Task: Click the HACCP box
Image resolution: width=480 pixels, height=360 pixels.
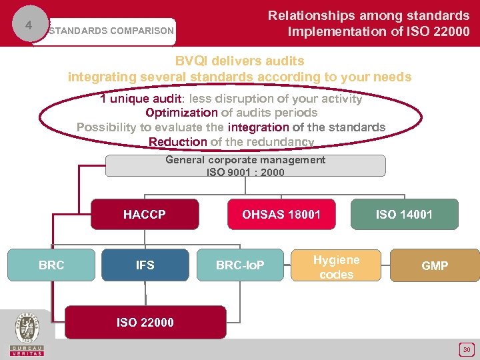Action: point(145,214)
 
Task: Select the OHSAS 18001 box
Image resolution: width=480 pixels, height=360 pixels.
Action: point(281,214)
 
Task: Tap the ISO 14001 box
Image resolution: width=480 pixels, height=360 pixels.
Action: point(404,214)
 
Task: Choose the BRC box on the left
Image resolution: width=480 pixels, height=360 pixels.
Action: point(51,265)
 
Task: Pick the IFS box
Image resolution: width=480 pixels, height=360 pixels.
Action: point(145,265)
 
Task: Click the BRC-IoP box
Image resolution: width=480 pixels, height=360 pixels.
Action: point(240,265)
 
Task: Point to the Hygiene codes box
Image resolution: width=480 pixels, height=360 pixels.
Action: point(336,267)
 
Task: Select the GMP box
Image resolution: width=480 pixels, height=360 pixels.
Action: point(435,265)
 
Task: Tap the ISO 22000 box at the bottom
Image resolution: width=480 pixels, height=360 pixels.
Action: point(145,323)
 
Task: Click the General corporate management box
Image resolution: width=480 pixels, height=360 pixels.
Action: point(245,165)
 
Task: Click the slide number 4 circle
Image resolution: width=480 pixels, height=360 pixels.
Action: point(28,25)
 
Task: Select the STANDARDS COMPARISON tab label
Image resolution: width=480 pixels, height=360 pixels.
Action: point(111,31)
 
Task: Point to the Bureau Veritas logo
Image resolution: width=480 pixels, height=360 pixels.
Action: point(27,332)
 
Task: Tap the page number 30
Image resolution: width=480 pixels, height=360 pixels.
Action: point(467,349)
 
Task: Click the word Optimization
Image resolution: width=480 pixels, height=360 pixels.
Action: point(181,113)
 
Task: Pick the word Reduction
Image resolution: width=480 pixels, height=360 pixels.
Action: point(177,141)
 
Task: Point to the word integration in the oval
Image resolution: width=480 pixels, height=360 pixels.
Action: point(258,127)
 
